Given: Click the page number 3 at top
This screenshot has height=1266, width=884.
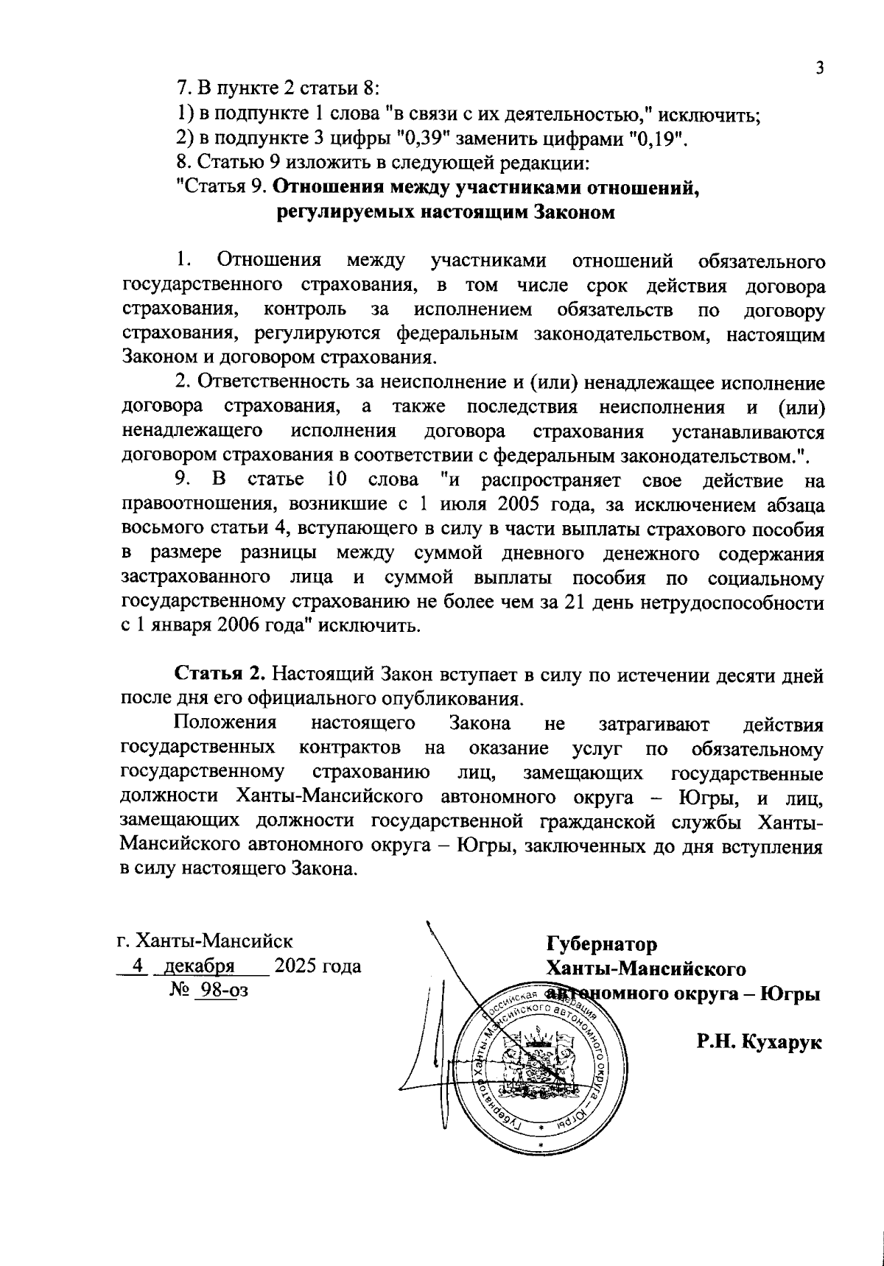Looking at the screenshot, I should [x=818, y=68].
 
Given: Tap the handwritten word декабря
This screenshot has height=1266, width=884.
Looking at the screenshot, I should [x=199, y=966].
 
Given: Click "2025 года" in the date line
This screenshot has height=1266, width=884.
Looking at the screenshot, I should [x=318, y=966].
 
